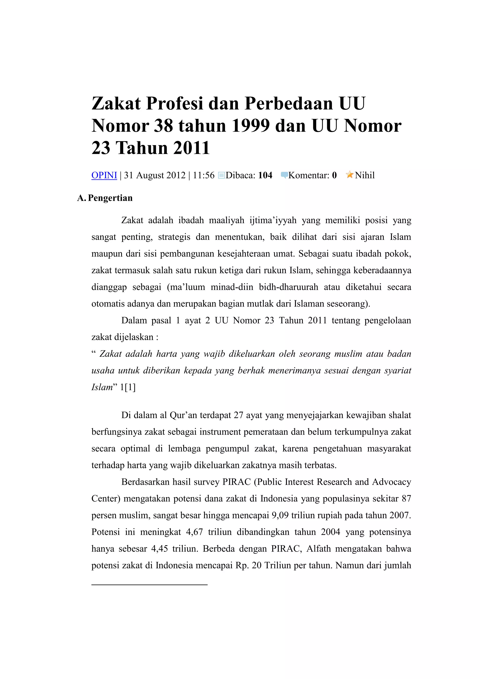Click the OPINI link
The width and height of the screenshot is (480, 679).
[104, 175]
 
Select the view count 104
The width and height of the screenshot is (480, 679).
[265, 175]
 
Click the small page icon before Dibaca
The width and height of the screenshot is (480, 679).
[221, 175]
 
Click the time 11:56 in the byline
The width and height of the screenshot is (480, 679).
[203, 175]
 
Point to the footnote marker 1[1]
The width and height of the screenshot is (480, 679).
[128, 387]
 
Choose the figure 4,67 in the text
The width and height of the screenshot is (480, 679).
[194, 532]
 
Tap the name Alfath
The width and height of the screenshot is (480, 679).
[319, 549]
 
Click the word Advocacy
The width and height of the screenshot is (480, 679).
[391, 482]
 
